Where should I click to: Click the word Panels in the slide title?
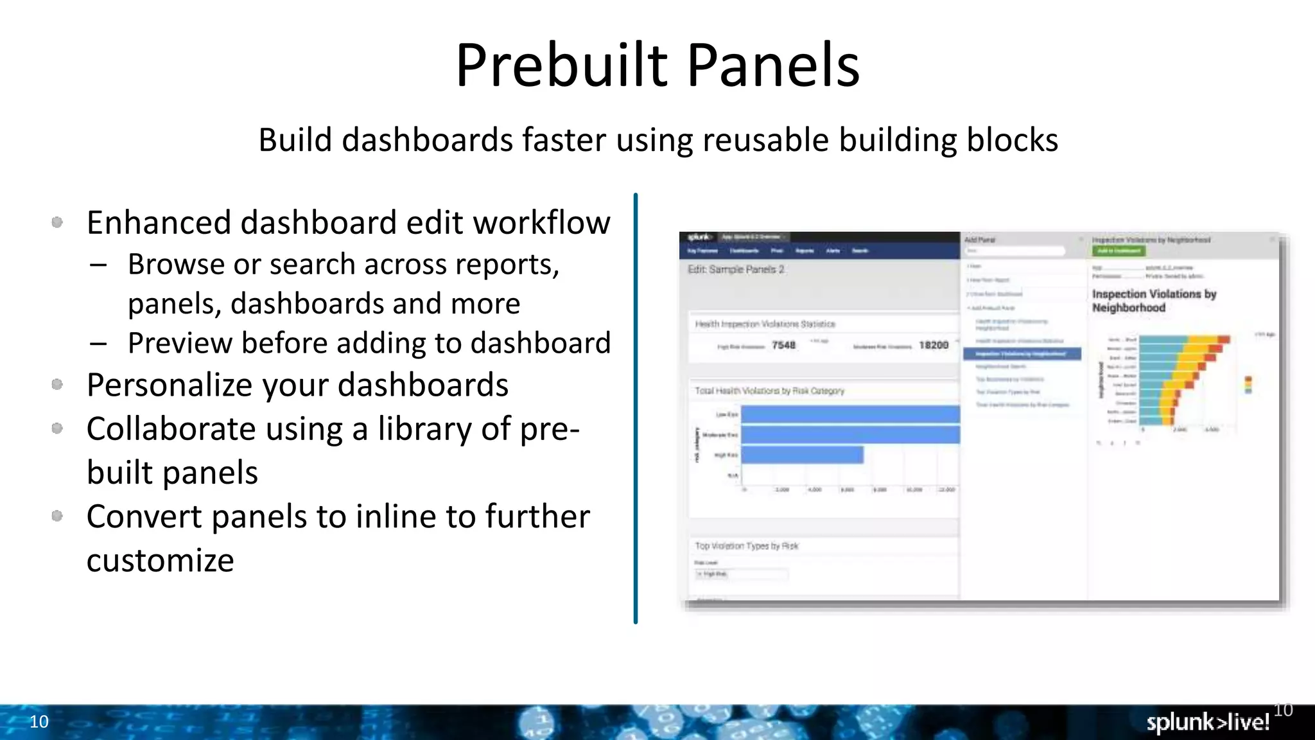pyautogui.click(x=773, y=66)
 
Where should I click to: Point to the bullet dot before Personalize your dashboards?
pyautogui.click(x=57, y=385)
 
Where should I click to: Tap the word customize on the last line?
pyautogui.click(x=160, y=560)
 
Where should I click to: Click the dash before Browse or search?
pyautogui.click(x=98, y=265)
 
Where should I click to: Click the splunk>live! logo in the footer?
pyautogui.click(x=1207, y=722)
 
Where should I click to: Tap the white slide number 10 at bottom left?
pyautogui.click(x=39, y=721)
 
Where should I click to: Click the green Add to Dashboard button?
pyautogui.click(x=1118, y=251)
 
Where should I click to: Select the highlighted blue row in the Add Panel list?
pyautogui.click(x=1022, y=354)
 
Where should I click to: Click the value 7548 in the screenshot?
pyautogui.click(x=783, y=346)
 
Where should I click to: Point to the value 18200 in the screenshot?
pyautogui.click(x=933, y=346)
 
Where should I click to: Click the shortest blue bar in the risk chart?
pyautogui.click(x=802, y=455)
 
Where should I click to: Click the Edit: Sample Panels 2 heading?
pyautogui.click(x=736, y=270)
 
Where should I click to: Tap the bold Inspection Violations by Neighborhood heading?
pyautogui.click(x=1154, y=301)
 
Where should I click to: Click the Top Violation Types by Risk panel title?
pyautogui.click(x=746, y=546)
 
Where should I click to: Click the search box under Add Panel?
pyautogui.click(x=1015, y=251)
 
